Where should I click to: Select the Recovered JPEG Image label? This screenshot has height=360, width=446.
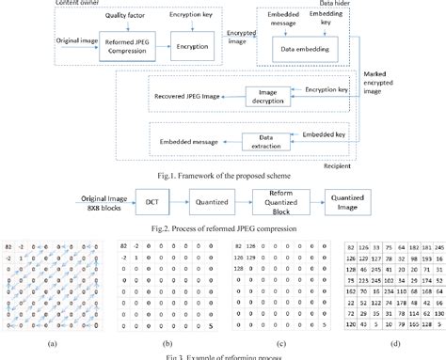190,96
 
